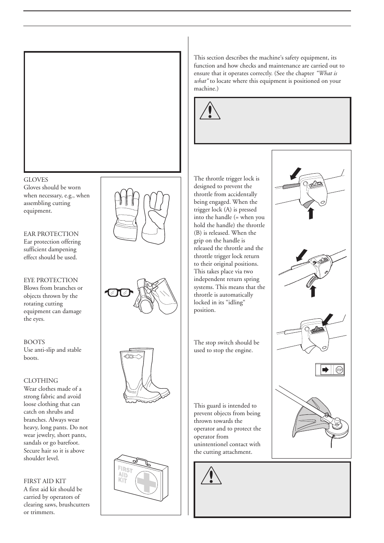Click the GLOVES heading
[36, 180]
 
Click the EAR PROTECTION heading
[51, 234]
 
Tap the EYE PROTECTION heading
[51, 280]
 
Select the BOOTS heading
[34, 342]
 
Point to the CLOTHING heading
[41, 381]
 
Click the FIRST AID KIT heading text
[45, 481]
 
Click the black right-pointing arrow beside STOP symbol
[325, 370]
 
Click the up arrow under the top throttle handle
[311, 213]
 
